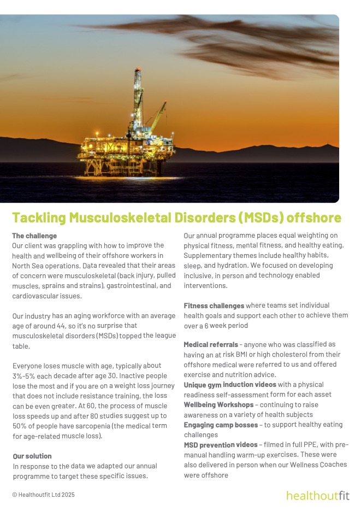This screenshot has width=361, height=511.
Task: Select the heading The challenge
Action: [34, 236]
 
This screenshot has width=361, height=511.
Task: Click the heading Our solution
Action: [32, 456]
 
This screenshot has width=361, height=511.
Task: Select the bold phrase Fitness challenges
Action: [214, 306]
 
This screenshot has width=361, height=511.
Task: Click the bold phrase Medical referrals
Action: [211, 345]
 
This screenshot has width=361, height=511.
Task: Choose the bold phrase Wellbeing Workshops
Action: [218, 404]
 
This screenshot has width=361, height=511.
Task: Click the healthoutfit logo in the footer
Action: [318, 496]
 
